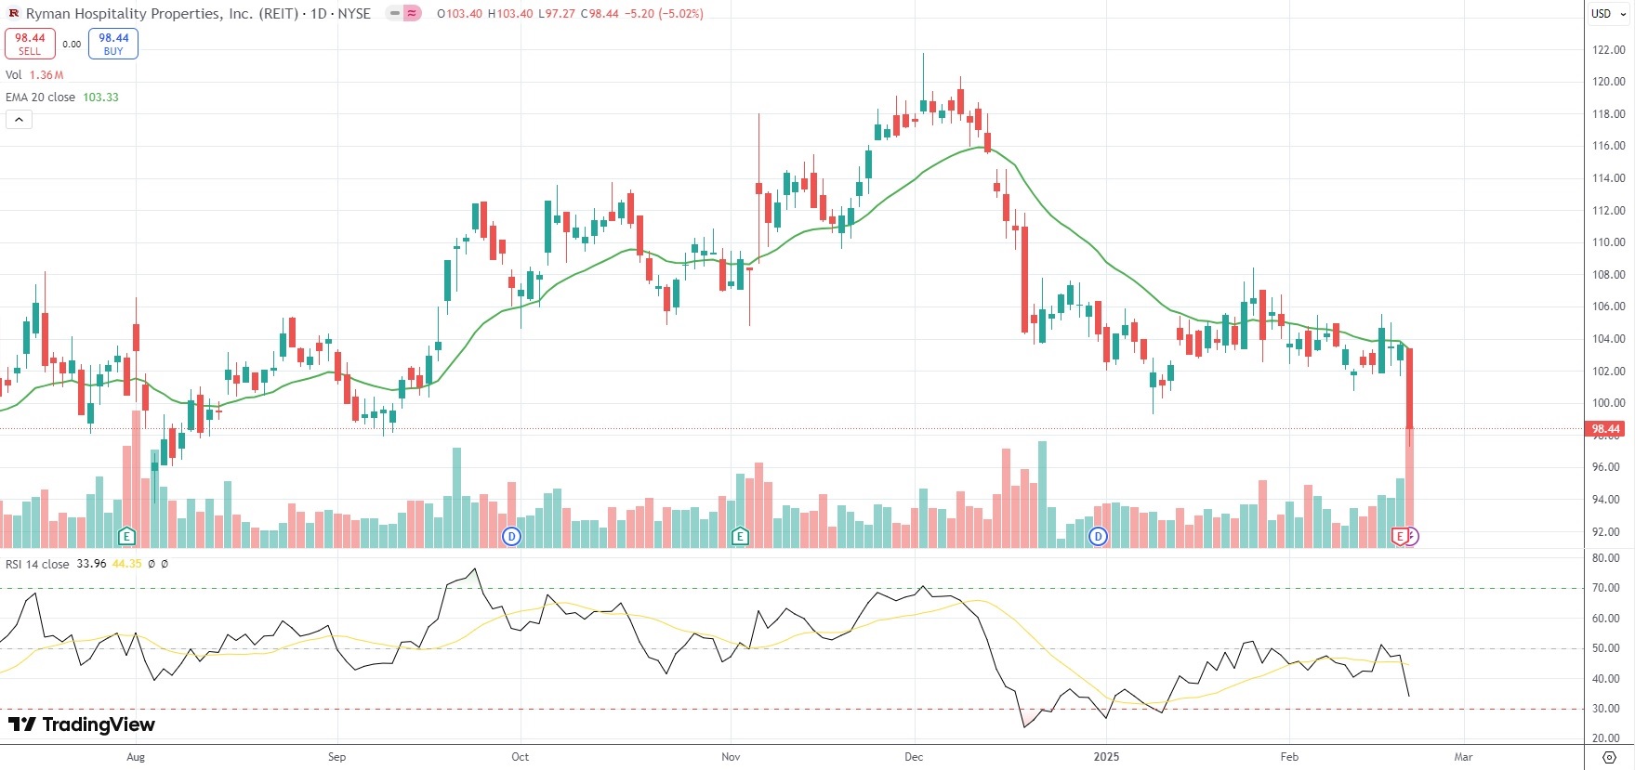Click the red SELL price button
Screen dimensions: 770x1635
click(30, 44)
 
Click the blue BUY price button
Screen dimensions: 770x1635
click(113, 44)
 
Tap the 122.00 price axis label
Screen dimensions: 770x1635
click(1608, 50)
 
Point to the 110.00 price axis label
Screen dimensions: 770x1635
click(1608, 242)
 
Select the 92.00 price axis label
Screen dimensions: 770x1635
click(1608, 532)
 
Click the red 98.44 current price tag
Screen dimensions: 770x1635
click(1605, 429)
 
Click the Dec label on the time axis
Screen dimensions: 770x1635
click(914, 757)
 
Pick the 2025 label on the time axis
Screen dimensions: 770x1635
click(1106, 757)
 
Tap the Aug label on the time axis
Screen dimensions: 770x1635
click(136, 757)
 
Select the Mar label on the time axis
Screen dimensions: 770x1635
click(1463, 757)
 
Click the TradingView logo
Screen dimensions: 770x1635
click(82, 724)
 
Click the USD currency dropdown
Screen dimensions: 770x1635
click(1606, 14)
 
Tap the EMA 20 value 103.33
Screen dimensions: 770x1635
click(100, 98)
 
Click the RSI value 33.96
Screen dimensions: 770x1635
click(91, 564)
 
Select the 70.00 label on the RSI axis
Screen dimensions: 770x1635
click(1605, 588)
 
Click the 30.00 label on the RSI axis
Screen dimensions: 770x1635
click(1605, 709)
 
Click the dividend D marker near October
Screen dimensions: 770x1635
click(511, 536)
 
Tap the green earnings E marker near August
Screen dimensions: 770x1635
click(127, 536)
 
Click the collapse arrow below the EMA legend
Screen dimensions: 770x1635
click(19, 119)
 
